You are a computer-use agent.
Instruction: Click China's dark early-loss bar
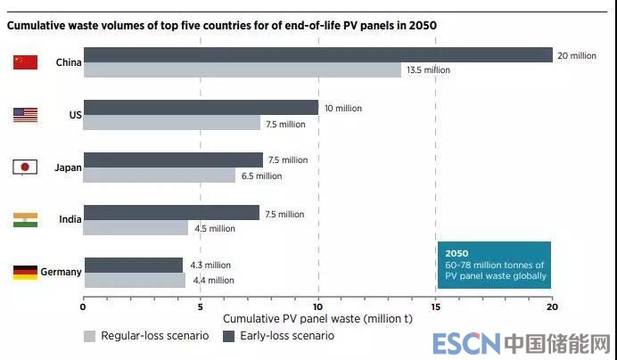[317, 55]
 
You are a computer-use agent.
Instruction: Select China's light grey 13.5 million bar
[242, 70]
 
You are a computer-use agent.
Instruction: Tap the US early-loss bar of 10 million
[201, 108]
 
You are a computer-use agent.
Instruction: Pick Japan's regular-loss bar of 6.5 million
[159, 176]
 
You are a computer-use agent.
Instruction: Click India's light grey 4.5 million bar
[136, 228]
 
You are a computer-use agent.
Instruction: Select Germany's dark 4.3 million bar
[133, 265]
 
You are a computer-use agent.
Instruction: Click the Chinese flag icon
[25, 62]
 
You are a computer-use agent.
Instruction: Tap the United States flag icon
[25, 115]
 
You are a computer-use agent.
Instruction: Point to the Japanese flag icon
[25, 168]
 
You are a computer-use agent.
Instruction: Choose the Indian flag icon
[25, 220]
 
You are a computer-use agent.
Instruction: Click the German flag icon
[25, 273]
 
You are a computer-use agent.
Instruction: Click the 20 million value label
[577, 55]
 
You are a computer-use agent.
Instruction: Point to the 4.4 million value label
[212, 281]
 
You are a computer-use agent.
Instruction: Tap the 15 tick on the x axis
[435, 307]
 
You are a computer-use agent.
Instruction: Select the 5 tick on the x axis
[201, 307]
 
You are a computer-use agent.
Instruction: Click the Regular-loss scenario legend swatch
[89, 336]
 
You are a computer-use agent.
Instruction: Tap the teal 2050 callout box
[494, 265]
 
